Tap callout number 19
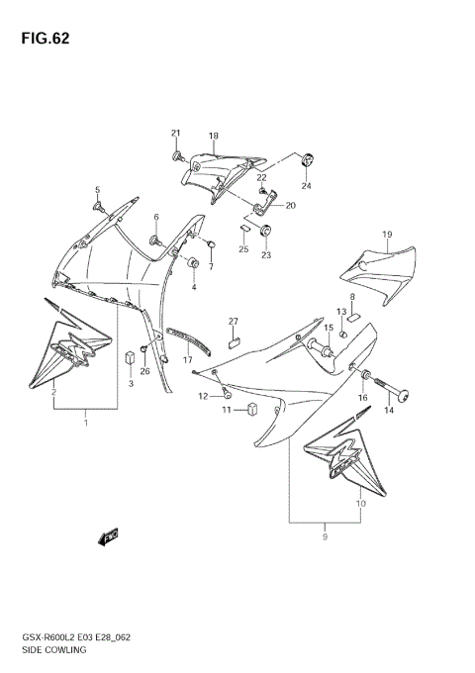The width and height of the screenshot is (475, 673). click(388, 235)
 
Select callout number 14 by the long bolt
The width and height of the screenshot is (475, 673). click(389, 409)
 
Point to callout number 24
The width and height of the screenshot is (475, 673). click(306, 185)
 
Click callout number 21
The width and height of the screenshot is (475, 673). click(176, 134)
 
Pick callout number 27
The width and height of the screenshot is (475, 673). click(235, 322)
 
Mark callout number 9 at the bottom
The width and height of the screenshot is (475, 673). click(324, 537)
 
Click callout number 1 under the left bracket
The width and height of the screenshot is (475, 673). click(86, 424)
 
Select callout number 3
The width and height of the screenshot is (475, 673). click(130, 384)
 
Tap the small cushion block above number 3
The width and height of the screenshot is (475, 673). click(130, 358)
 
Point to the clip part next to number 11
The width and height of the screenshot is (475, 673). click(252, 409)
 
